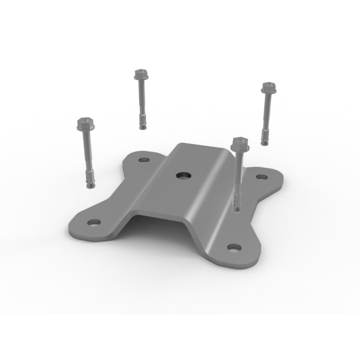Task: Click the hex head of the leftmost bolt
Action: pyautogui.click(x=85, y=123)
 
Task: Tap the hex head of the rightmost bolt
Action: pyautogui.click(x=269, y=87)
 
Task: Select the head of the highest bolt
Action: pyautogui.click(x=139, y=75)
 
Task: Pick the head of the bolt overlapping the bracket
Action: pyautogui.click(x=240, y=144)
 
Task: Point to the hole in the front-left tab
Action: pyautogui.click(x=93, y=222)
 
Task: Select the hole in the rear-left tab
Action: pyautogui.click(x=144, y=161)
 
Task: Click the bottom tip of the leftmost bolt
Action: pyautogui.click(x=90, y=187)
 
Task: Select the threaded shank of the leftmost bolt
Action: pyautogui.click(x=87, y=155)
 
